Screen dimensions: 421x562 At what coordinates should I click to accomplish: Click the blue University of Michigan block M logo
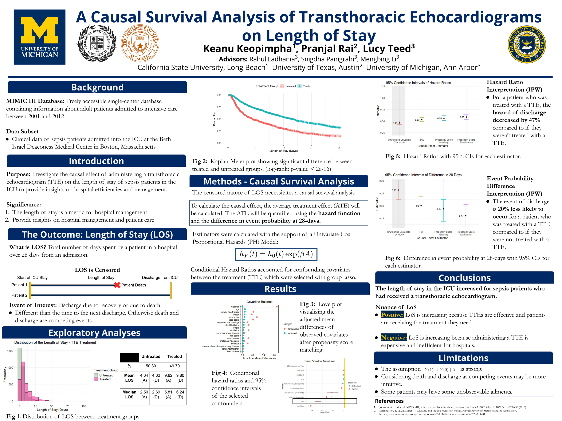pos(39,37)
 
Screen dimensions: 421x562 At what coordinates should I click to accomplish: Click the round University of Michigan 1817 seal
pos(526,45)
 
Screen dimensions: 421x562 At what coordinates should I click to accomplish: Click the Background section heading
pos(97,87)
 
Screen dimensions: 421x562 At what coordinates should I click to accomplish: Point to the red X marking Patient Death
pos(117,285)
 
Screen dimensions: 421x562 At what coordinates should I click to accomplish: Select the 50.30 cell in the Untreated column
pos(151,366)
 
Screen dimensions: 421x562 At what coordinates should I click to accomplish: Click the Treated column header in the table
pos(174,357)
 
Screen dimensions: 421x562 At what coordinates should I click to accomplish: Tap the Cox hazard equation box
pos(276,254)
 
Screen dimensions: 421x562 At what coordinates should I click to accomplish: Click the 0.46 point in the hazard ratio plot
pos(399,123)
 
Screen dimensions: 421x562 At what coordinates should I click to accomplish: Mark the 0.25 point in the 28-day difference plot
pos(399,190)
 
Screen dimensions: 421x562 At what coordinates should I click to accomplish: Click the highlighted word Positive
pos(392,315)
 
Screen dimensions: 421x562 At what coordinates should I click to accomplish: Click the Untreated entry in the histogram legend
pos(106,375)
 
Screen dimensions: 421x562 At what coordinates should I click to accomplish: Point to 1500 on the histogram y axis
pos(10,351)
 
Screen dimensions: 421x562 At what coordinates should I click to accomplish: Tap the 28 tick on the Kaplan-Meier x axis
pos(339,147)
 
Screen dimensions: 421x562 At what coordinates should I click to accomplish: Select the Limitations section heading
pos(463,358)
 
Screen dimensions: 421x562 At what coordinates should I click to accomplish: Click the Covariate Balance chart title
pos(259,302)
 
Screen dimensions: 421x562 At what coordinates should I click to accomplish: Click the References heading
pos(389,401)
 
